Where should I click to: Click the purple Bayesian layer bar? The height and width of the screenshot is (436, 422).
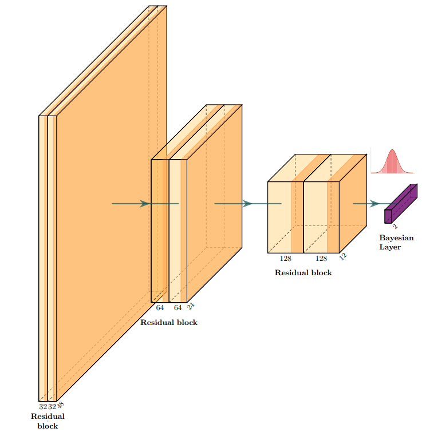[x=401, y=203]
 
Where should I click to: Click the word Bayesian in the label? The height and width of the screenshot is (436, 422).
[x=396, y=238]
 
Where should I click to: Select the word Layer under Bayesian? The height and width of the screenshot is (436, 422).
[x=390, y=247]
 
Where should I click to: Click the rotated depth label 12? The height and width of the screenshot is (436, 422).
[x=342, y=256]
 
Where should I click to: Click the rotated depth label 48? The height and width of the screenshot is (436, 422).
[x=60, y=405]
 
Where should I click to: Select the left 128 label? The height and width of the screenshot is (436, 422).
[x=285, y=259]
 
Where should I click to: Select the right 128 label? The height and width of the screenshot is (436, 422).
[x=321, y=259]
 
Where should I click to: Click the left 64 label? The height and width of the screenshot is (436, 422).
[x=160, y=308]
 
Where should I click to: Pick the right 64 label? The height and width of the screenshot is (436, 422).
[x=178, y=308]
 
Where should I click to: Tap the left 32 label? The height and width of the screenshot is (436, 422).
[x=43, y=407]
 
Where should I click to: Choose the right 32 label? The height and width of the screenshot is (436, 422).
[x=52, y=407]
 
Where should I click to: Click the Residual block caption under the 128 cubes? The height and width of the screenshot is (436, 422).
[x=303, y=273]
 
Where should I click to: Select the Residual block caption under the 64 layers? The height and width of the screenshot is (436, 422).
[x=169, y=323]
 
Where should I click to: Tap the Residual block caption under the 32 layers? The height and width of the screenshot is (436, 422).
[x=48, y=421]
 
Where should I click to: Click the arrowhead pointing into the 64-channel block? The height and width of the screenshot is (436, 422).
[x=145, y=203]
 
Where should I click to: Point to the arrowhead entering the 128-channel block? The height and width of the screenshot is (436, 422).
[x=247, y=203]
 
